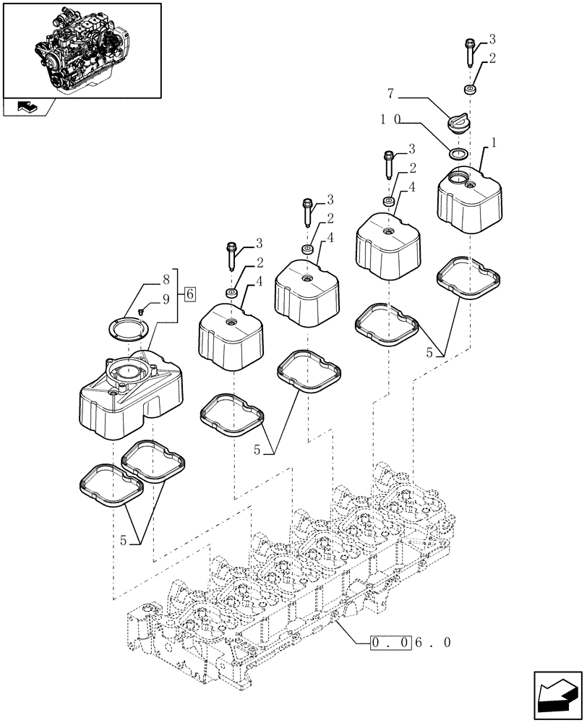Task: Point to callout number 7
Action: point(391,94)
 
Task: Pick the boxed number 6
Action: point(189,294)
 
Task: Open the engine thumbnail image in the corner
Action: point(80,48)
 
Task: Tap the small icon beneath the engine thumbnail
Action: point(26,108)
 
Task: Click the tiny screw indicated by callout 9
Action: point(142,311)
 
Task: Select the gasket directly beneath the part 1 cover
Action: point(468,277)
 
